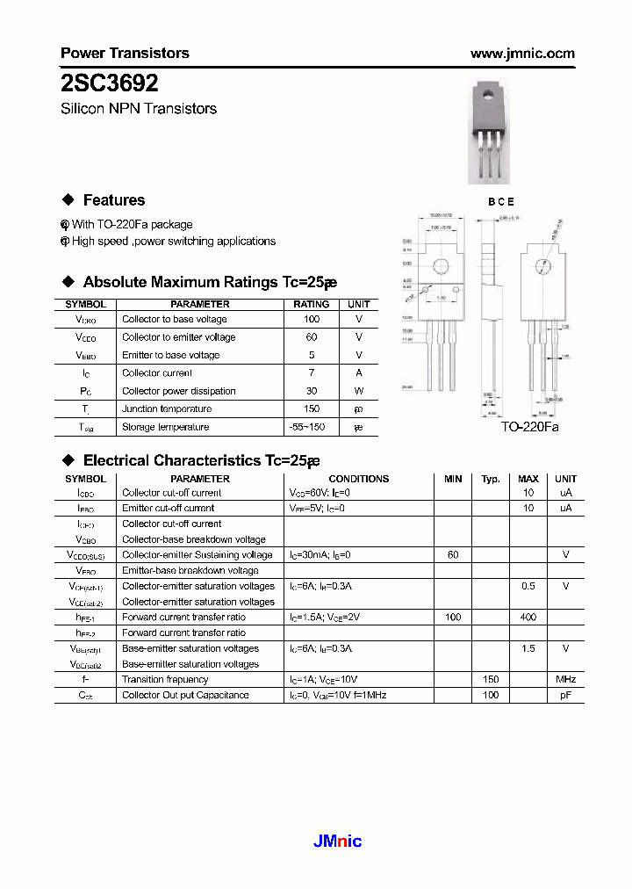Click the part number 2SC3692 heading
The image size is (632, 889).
point(110,83)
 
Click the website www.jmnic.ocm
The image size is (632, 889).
point(522,54)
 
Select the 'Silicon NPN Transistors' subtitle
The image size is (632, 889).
point(139,109)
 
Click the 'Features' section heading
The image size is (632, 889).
point(113,200)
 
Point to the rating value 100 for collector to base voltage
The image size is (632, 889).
point(312,320)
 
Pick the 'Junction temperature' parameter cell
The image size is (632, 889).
point(167,409)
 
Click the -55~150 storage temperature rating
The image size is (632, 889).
point(312,427)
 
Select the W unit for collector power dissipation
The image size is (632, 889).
point(358,391)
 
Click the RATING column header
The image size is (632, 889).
point(312,304)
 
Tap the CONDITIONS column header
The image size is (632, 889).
point(358,479)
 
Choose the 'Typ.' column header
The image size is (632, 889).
point(491,479)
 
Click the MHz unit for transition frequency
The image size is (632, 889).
point(565,679)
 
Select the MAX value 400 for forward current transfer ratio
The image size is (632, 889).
point(528,618)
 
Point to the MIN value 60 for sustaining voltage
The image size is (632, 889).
point(453,555)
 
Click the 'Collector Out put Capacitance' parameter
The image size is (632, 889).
point(185,695)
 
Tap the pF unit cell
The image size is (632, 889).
point(565,695)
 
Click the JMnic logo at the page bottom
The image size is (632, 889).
point(337,842)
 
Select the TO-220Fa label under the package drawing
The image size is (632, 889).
point(529,427)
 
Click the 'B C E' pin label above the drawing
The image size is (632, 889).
point(501,201)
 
